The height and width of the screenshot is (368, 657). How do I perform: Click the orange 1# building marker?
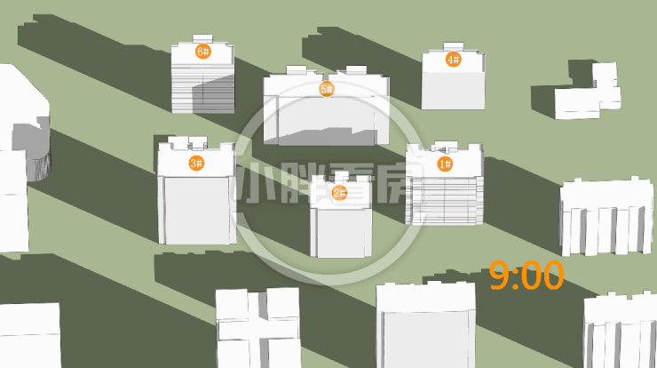pos(445,164)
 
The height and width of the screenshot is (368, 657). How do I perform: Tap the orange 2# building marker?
pos(339,193)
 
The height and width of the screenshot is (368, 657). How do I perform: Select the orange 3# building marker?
pos(196,163)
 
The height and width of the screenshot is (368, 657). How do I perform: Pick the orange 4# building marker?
pos(454,60)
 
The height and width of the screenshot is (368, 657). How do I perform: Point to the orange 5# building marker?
pos(327,89)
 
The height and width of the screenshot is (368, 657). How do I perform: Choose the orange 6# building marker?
pos(203,52)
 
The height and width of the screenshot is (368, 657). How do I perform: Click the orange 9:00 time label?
pos(526,276)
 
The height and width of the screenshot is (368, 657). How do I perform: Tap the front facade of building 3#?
pos(196,210)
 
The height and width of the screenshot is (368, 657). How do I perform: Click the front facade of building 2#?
pos(341,233)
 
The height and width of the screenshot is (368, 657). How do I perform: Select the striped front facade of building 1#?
pos(444,200)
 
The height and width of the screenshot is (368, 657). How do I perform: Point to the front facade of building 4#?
pos(453,91)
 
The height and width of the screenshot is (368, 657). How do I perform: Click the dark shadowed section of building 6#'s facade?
pos(213,94)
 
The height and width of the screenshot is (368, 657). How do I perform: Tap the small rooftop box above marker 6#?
pos(202,38)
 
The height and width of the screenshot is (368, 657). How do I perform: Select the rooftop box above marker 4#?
pos(454,45)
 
